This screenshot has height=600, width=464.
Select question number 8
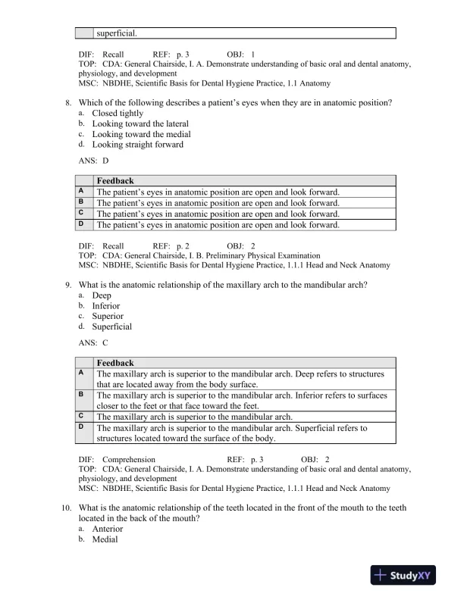(68, 102)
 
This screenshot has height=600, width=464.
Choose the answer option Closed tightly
(118, 113)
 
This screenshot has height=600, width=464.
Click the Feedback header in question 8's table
(115, 181)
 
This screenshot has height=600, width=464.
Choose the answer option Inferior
(106, 306)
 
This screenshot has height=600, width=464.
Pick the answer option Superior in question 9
(108, 317)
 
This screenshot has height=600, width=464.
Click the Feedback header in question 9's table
(115, 363)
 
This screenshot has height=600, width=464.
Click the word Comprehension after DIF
(129, 460)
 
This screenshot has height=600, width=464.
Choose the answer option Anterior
(107, 529)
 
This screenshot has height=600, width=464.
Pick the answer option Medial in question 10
(105, 539)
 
